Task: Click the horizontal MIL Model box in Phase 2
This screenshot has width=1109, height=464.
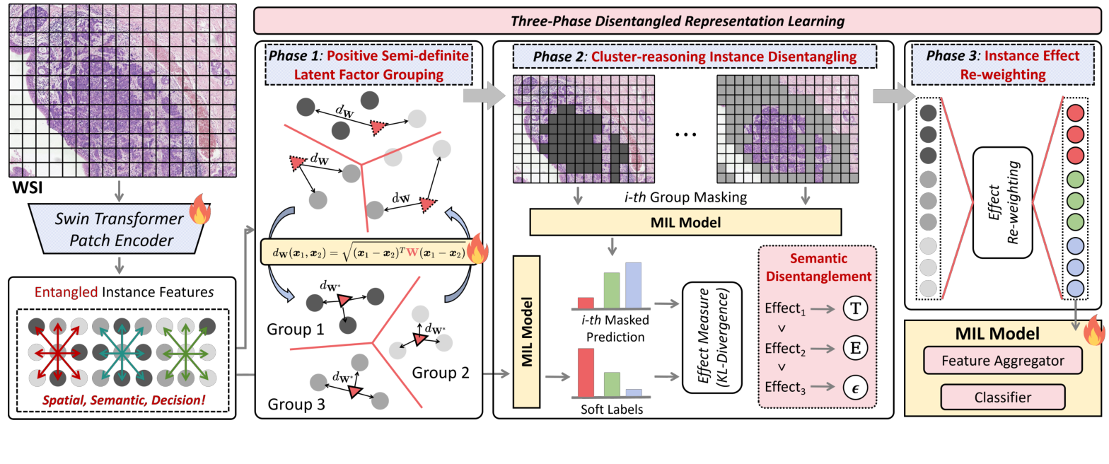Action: pos(685,222)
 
